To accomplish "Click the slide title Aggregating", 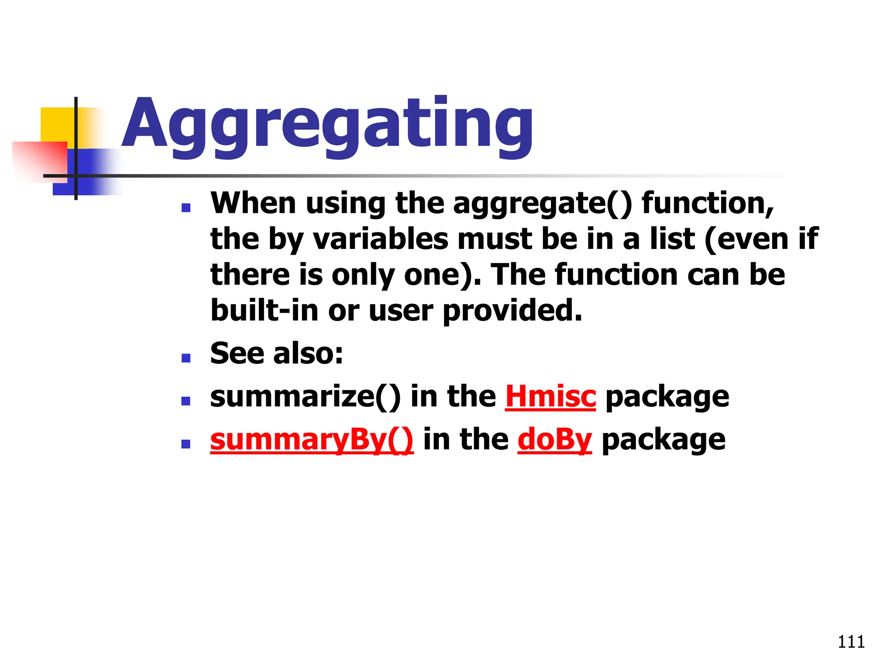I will tap(327, 125).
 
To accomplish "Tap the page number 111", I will tap(851, 642).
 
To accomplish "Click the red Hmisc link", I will tap(550, 397).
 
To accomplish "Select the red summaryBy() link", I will tap(312, 439).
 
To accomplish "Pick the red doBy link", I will tap(554, 439).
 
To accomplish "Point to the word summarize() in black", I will tap(305, 397).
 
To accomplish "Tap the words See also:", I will tap(277, 353).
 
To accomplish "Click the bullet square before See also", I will tap(186, 358).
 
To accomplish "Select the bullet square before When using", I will tap(186, 208).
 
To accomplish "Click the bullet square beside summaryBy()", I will tap(186, 444).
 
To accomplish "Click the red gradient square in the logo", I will tap(39, 159).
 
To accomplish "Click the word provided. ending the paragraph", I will tap(512, 311).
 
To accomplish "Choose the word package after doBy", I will tap(664, 440).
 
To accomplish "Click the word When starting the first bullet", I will tap(253, 204).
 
